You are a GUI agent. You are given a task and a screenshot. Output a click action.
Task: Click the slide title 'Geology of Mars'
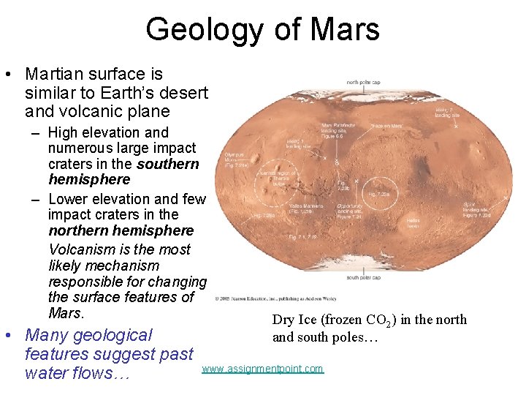coord(262,29)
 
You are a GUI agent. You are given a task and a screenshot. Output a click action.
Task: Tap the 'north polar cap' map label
coord(362,82)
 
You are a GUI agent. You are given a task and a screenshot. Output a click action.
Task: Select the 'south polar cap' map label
coord(362,278)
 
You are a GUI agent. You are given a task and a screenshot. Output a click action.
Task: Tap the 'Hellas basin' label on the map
coord(413,222)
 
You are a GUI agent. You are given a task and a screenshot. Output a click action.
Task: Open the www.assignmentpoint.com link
coord(262,369)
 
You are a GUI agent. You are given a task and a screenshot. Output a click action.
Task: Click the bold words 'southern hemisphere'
coord(123,171)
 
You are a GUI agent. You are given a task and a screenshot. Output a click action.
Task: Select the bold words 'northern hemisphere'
coord(121,230)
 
